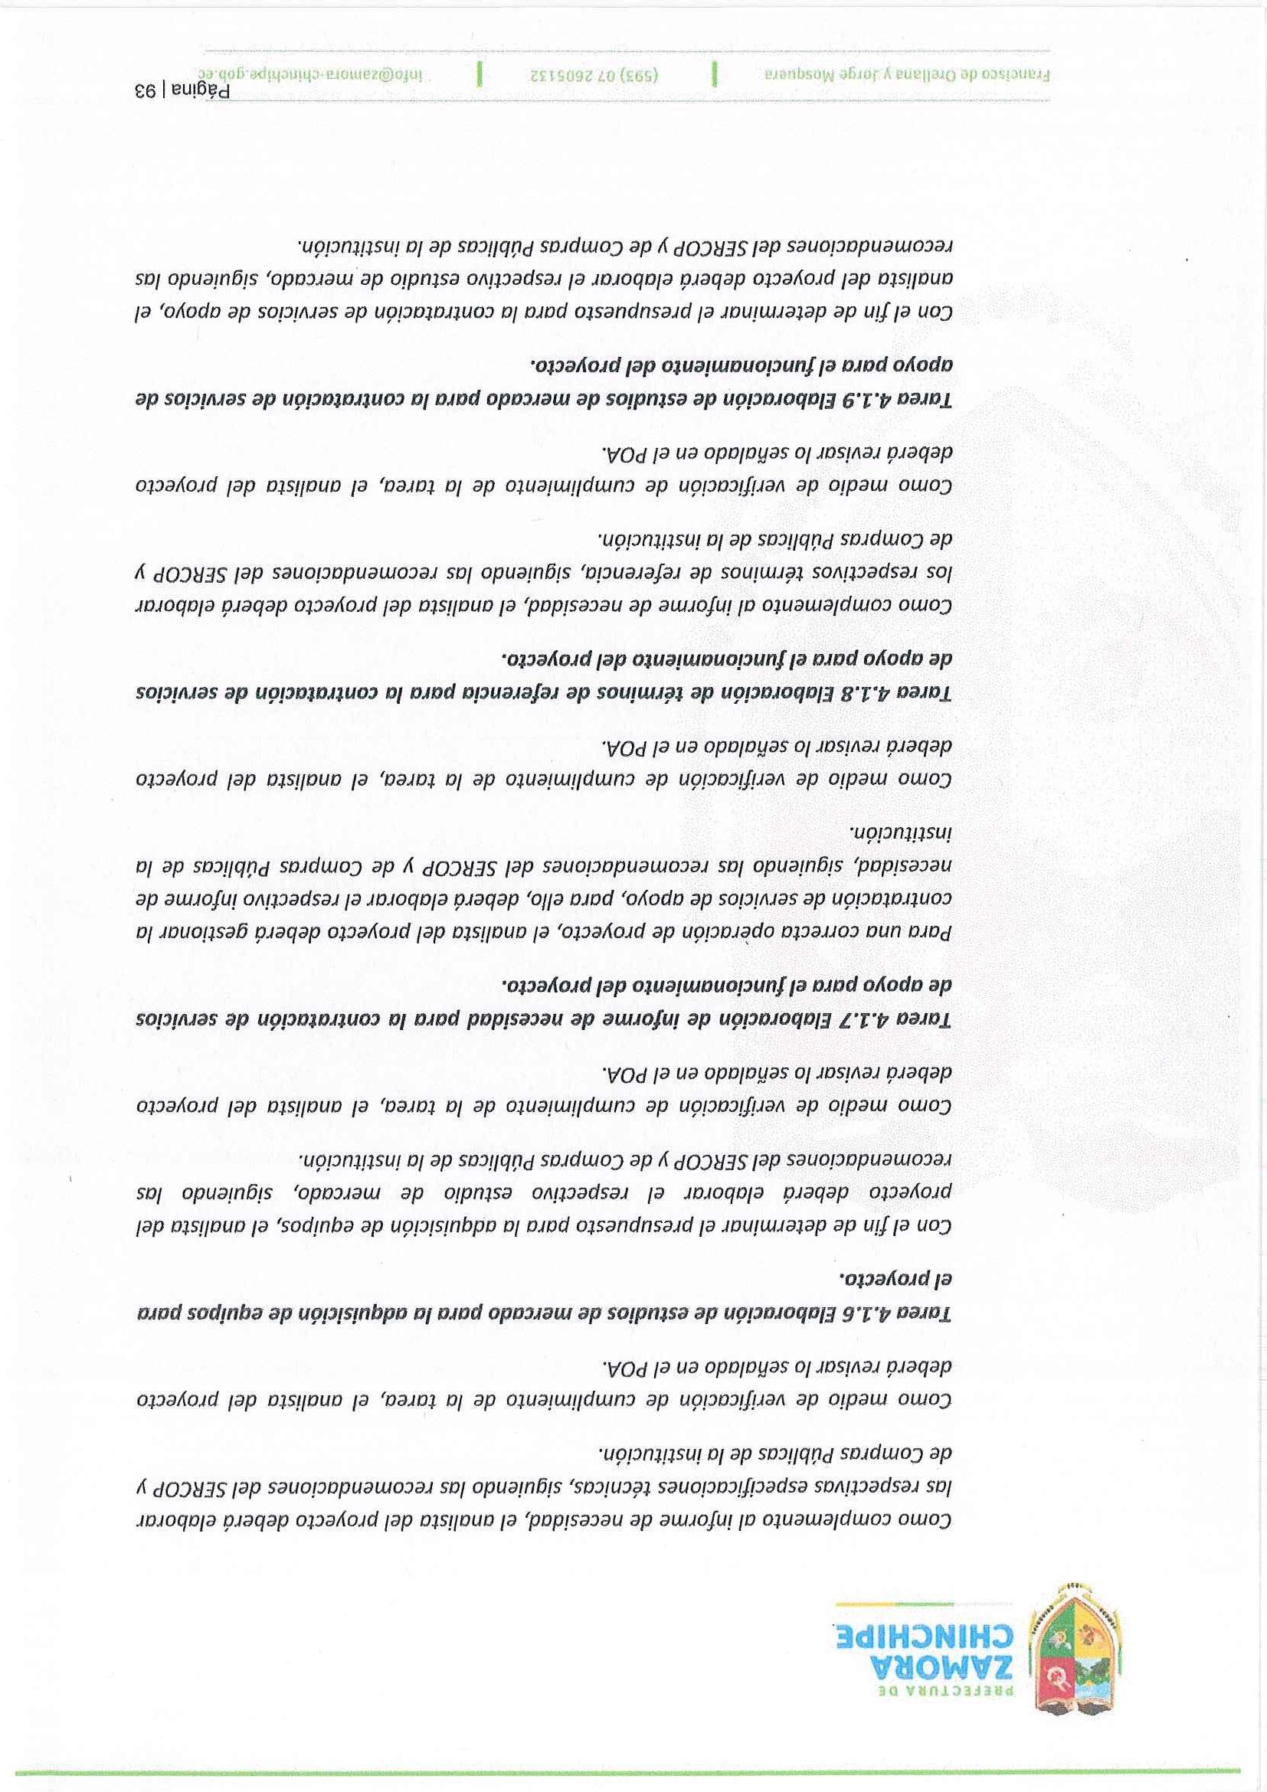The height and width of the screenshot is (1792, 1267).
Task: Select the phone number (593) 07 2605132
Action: click(597, 77)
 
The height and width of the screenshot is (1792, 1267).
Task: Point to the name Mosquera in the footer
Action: click(794, 77)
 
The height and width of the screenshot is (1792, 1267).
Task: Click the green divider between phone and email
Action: click(480, 77)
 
